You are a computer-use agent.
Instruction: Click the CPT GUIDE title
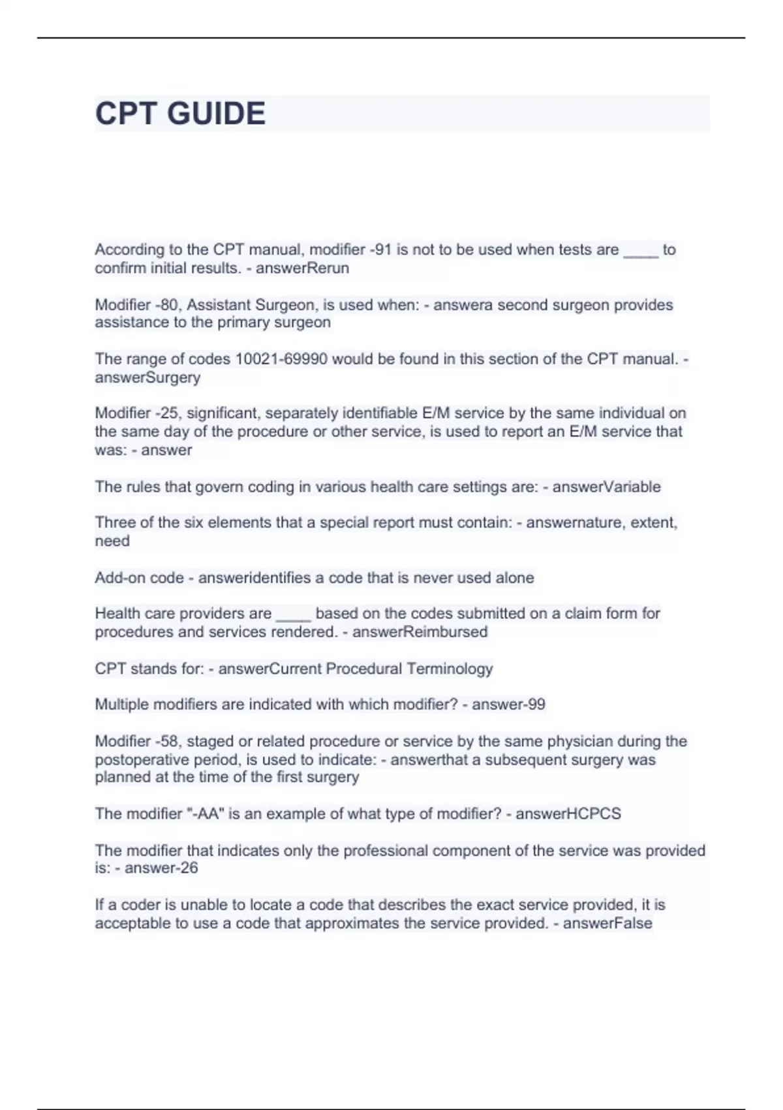(180, 114)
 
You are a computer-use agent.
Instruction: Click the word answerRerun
(302, 268)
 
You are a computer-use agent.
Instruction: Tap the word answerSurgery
(147, 377)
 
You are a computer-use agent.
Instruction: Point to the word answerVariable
(606, 487)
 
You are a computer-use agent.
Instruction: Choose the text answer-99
(508, 705)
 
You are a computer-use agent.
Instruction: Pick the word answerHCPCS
(568, 814)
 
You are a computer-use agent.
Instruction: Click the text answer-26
(161, 868)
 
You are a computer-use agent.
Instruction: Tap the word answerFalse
(607, 923)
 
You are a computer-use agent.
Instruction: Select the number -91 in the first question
(380, 249)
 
